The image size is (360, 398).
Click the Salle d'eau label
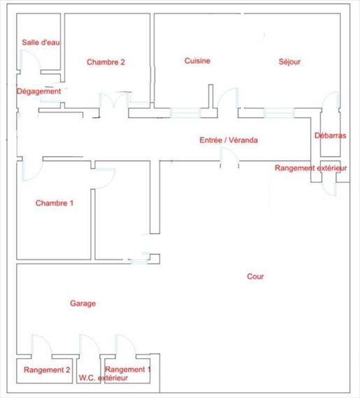pyautogui.click(x=41, y=42)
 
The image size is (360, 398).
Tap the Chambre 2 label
pyautogui.click(x=106, y=62)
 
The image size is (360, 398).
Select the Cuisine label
pyautogui.click(x=197, y=61)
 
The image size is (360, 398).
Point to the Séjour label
pyautogui.click(x=289, y=61)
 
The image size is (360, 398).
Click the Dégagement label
pyautogui.click(x=39, y=91)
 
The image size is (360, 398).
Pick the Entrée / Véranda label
pyautogui.click(x=229, y=140)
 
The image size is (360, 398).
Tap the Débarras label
pyautogui.click(x=330, y=135)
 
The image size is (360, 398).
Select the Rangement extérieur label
pyautogui.click(x=310, y=168)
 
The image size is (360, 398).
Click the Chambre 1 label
pyautogui.click(x=55, y=202)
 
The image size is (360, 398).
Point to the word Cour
pyautogui.click(x=255, y=277)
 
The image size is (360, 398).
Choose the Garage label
pyautogui.click(x=82, y=303)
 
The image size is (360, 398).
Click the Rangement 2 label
pyautogui.click(x=47, y=369)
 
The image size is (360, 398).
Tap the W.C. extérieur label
pyautogui.click(x=103, y=378)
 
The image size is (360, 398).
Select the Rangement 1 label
pyautogui.click(x=128, y=369)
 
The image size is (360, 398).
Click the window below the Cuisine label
pyautogui.click(x=185, y=113)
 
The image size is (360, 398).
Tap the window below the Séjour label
pyautogui.click(x=279, y=113)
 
